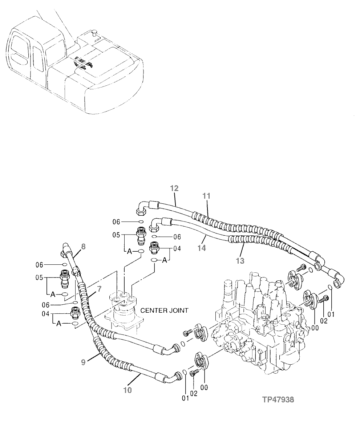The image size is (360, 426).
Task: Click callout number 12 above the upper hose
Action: (x=174, y=188)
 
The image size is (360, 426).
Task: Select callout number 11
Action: (x=207, y=196)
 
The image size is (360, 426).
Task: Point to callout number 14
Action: (x=202, y=248)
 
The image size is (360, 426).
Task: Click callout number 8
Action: (x=83, y=247)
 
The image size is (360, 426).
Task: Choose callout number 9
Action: (x=83, y=362)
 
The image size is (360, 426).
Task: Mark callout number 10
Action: (x=127, y=390)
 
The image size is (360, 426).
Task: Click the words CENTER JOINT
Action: (x=164, y=311)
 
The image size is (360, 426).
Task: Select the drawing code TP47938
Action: (x=279, y=400)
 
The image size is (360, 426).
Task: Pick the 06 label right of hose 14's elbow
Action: (x=177, y=237)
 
